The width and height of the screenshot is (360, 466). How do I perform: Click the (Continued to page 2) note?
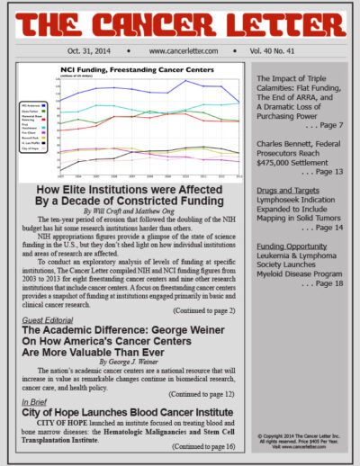[x=204, y=309]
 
